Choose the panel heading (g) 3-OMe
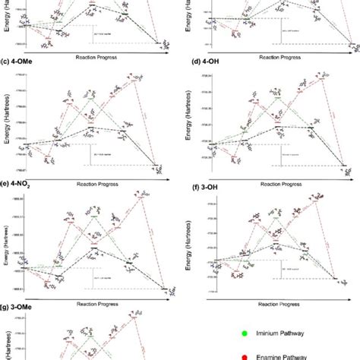(x=21, y=308)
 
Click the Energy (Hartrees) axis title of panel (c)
(x=6, y=123)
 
